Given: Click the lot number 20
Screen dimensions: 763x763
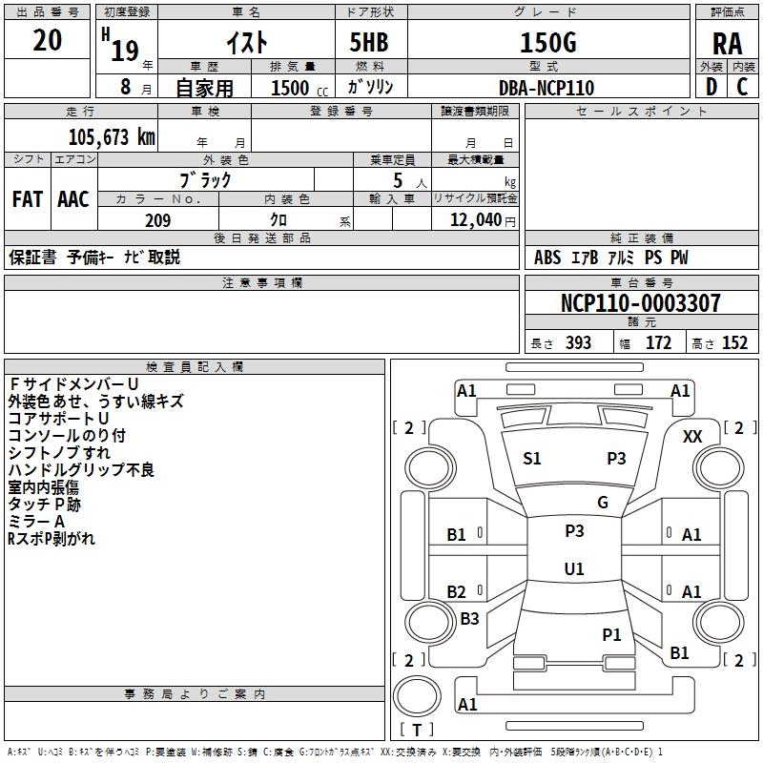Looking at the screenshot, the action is click(x=47, y=40).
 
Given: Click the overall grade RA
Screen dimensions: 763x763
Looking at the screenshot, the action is click(x=727, y=44).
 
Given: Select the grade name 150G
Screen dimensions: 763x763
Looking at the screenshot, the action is click(x=548, y=42).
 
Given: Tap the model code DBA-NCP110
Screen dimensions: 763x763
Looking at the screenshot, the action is click(x=546, y=88).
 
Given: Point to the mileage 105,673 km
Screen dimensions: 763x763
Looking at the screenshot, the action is click(x=112, y=137).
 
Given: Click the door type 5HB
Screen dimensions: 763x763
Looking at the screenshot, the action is click(x=369, y=42).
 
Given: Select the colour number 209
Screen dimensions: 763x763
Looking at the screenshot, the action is click(x=157, y=220).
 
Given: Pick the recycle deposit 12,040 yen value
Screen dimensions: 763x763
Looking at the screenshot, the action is click(x=483, y=220).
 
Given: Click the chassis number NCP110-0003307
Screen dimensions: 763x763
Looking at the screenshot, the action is click(x=640, y=302).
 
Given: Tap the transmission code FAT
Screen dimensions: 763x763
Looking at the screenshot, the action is click(x=28, y=199).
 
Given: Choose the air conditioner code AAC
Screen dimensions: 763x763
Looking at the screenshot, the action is click(x=73, y=199).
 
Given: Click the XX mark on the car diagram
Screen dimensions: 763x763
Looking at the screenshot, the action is click(x=692, y=437).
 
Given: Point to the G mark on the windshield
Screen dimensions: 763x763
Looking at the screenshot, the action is click(x=603, y=503).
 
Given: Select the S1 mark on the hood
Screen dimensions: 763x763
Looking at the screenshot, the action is click(x=532, y=459).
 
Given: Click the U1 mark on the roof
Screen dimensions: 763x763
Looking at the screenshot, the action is click(x=574, y=568).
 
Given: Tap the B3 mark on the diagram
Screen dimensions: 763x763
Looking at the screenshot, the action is click(x=469, y=618).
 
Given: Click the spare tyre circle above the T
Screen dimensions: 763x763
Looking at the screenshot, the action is click(x=417, y=696).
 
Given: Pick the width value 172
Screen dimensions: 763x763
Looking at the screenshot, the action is click(x=658, y=343).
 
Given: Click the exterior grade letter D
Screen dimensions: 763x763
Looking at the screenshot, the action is click(x=711, y=87).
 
